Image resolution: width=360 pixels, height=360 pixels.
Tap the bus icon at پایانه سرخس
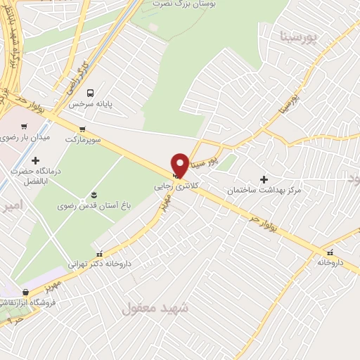pos(90,93)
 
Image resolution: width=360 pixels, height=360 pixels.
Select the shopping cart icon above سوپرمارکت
pos(83,129)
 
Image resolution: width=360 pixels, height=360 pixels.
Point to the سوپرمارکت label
pos(83,139)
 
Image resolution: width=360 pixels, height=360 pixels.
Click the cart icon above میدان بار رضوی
pos(25,127)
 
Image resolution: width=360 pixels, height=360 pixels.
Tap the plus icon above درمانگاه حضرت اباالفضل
pos(35,161)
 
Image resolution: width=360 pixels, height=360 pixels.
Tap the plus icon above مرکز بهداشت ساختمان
pos(264,179)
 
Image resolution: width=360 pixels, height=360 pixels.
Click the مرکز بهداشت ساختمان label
pos(264,191)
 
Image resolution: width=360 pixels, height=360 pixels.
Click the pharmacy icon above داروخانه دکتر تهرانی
pos(99,253)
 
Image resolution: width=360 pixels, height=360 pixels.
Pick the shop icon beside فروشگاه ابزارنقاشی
pos(25,292)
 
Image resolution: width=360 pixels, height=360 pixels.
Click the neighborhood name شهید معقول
pos(156,308)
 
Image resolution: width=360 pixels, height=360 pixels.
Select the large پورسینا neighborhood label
pos(299,35)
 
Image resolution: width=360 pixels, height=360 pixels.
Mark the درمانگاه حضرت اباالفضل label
pos(35,176)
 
